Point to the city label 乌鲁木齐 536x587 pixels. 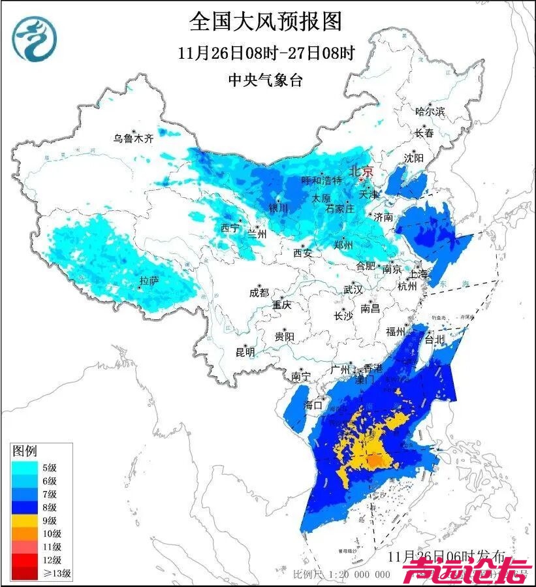133,138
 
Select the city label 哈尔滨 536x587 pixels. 429,112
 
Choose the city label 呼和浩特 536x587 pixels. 321,180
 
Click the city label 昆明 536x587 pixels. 245,353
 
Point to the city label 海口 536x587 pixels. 315,405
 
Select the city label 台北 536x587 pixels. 434,340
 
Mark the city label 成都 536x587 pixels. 259,293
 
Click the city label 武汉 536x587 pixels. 353,289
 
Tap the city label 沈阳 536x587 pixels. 413,158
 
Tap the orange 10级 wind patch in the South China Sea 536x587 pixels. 373,462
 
